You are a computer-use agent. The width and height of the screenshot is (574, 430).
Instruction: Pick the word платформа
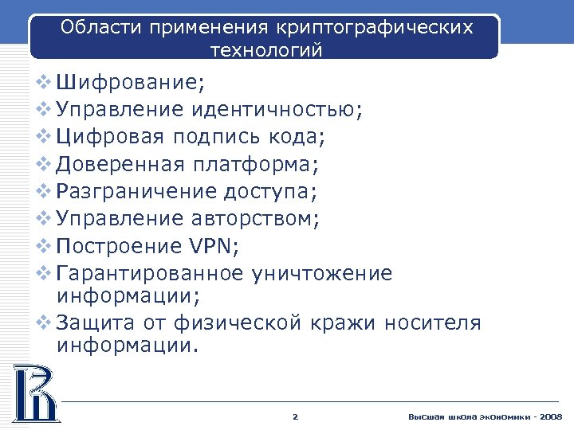click(x=254, y=164)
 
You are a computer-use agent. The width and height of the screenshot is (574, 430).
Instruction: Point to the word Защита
click(x=93, y=322)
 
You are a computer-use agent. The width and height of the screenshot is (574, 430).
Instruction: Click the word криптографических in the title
click(x=374, y=29)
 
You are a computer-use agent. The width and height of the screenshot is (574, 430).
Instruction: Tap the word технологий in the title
click(x=266, y=50)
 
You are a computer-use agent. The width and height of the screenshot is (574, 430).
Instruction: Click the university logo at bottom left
click(x=35, y=392)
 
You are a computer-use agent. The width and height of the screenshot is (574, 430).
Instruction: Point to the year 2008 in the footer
click(x=550, y=417)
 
